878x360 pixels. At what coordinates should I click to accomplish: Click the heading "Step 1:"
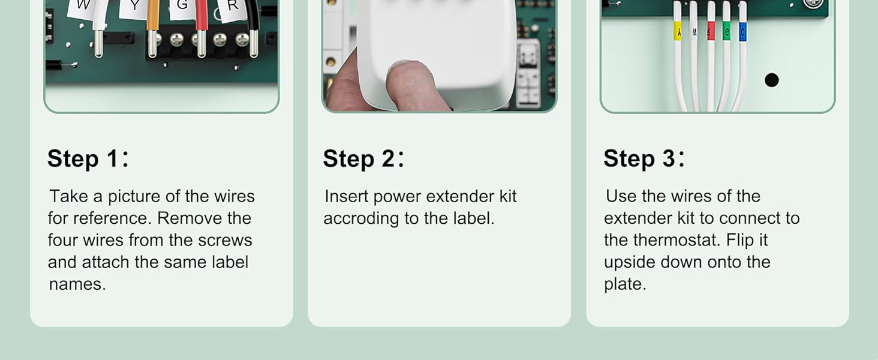coord(88,159)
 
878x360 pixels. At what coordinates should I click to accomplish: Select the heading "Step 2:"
coord(363,159)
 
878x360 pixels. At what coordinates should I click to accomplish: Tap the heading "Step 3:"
coord(644,159)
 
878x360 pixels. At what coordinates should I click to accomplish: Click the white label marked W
coord(82,7)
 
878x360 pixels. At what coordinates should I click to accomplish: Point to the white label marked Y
coord(136,8)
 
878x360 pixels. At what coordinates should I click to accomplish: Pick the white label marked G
coord(181,7)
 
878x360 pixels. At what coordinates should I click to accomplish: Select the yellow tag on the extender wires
coord(678,31)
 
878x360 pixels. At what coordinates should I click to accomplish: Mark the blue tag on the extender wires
coord(742,31)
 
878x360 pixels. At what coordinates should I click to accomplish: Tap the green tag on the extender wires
coord(726,31)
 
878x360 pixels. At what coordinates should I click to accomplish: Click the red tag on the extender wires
coord(711,31)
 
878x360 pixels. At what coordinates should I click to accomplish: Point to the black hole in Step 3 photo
coord(771,80)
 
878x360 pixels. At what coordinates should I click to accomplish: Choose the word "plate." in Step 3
coord(625,284)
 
